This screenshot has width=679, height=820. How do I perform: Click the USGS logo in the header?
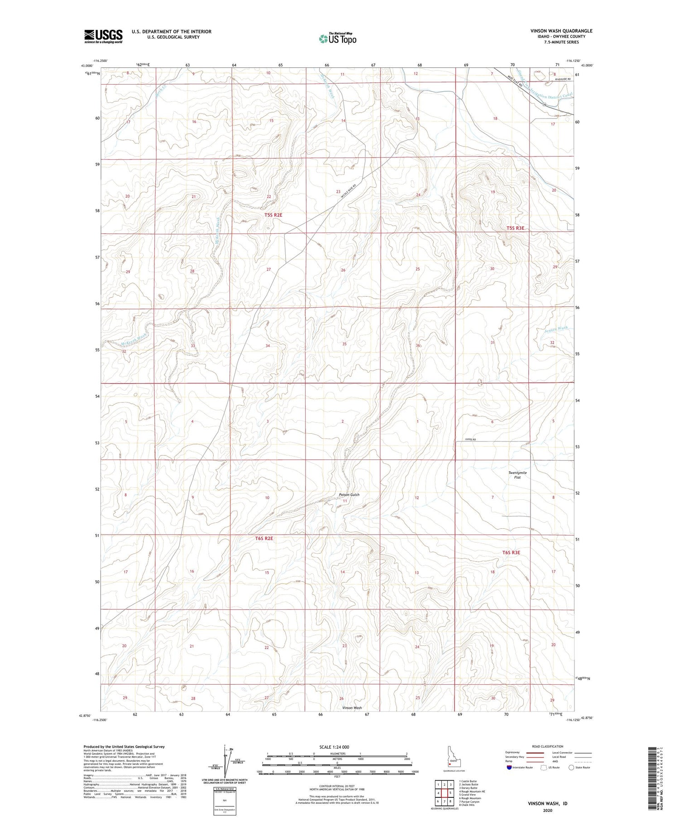click(x=103, y=36)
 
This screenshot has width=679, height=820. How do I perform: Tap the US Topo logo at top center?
click(x=337, y=38)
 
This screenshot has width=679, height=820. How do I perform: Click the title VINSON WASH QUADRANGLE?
click(x=561, y=31)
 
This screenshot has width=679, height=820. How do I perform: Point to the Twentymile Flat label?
click(x=517, y=475)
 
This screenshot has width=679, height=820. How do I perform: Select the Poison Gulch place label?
click(x=349, y=495)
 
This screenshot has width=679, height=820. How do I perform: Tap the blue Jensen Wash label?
click(x=556, y=328)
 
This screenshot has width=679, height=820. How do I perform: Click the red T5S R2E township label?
click(x=273, y=215)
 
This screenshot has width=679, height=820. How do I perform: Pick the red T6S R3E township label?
click(x=511, y=553)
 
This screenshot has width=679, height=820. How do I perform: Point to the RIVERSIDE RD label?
click(x=561, y=79)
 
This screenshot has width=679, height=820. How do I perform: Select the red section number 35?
click(x=344, y=344)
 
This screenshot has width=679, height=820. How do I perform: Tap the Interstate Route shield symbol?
click(x=509, y=768)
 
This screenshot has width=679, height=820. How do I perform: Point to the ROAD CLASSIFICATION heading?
click(x=548, y=746)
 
